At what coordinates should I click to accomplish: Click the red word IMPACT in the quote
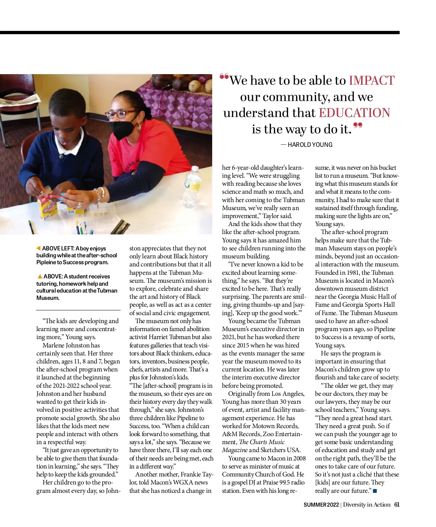371,80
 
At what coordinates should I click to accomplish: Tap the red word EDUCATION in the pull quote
354,113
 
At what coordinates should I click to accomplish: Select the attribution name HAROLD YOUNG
310,145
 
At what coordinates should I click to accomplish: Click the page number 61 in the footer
397,504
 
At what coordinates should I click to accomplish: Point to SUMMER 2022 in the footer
321,504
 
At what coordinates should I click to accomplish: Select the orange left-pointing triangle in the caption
39,248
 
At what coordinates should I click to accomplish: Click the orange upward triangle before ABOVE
40,277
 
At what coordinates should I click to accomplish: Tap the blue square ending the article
375,491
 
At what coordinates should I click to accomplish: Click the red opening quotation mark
224,77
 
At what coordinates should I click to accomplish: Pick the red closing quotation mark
358,126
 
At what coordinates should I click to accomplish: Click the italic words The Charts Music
262,442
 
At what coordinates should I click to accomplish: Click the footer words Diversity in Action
367,504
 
